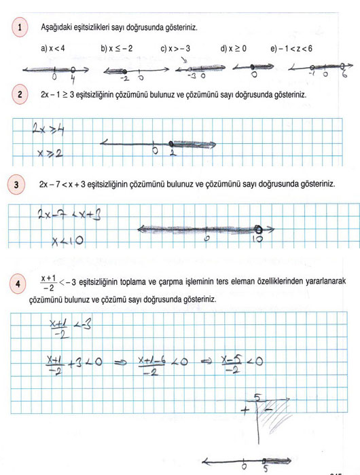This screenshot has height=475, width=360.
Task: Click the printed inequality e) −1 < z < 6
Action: click(x=293, y=48)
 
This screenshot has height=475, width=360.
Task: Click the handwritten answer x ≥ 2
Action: click(x=46, y=153)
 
